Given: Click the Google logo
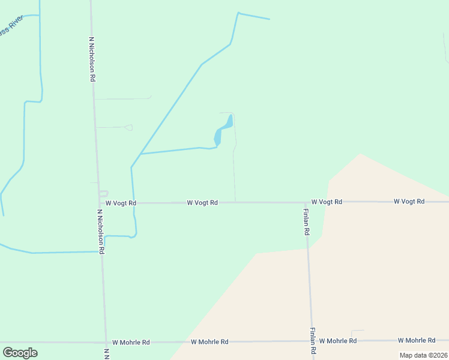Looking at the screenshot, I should click(x=20, y=353).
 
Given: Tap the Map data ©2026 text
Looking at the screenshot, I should click(x=423, y=355).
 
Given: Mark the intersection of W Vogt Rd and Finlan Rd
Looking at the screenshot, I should click(x=305, y=202).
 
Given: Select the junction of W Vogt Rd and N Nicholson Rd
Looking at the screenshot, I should click(x=99, y=203).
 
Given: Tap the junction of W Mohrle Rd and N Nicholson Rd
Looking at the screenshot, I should click(x=106, y=342).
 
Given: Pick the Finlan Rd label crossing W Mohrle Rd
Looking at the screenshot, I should click(x=313, y=342).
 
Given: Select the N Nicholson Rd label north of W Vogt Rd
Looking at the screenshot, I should click(x=92, y=59).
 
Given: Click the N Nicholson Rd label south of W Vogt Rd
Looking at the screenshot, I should click(x=101, y=231).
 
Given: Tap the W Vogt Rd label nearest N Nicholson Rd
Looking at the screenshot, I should click(x=121, y=203).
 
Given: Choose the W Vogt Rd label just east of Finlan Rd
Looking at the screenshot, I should click(x=327, y=202).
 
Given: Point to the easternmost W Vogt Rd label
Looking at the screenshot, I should click(x=409, y=202).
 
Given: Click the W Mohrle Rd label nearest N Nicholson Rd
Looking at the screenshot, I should click(x=131, y=342).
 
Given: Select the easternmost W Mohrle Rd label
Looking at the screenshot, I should click(x=417, y=340).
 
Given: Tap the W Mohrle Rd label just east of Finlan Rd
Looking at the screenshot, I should click(x=338, y=341).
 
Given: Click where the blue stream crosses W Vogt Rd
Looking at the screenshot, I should click(x=133, y=203).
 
